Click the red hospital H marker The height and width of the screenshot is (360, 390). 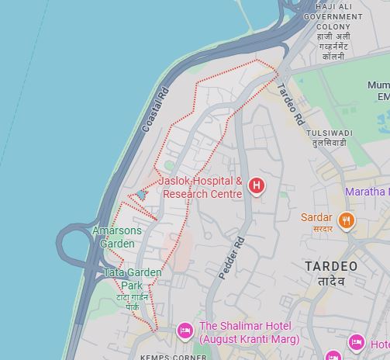pos(256,187)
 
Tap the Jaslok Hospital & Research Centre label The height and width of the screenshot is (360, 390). pos(201,188)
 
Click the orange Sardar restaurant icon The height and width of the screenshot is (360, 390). pos(346,220)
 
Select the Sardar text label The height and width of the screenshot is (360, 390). pos(316,218)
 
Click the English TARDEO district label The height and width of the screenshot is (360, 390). pos(331,266)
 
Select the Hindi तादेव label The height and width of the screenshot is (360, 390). pos(331,281)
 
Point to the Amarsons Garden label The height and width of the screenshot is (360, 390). pos(117,237)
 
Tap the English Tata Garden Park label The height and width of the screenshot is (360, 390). pos(133,279)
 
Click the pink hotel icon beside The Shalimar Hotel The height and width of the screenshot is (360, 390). pos(185,331)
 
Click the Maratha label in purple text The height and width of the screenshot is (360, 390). pos(367,191)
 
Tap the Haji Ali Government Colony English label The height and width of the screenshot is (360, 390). pos(333,16)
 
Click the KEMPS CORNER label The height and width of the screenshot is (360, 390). pos(174,357)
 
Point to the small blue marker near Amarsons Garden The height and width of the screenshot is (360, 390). pos(141,195)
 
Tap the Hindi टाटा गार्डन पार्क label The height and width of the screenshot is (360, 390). pos(128,302)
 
